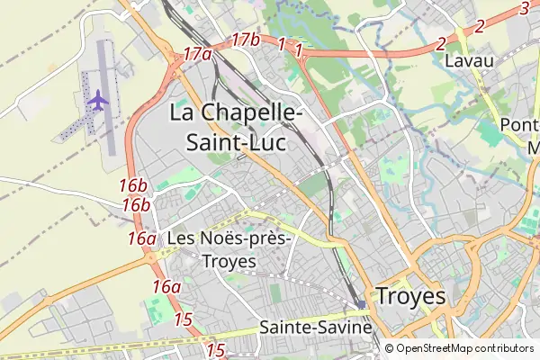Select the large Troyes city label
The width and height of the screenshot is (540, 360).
tap(410, 296)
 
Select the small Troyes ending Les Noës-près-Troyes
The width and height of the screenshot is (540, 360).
tap(230, 261)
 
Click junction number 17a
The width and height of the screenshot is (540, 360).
tap(197, 54)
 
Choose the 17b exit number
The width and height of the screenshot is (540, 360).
tap(245, 40)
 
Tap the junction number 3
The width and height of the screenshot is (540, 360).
tap(525, 9)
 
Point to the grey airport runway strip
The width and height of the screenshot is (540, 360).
tap(106, 99)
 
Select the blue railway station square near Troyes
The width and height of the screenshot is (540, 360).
tap(362, 305)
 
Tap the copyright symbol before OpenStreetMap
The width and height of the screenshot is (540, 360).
tap(389, 348)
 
